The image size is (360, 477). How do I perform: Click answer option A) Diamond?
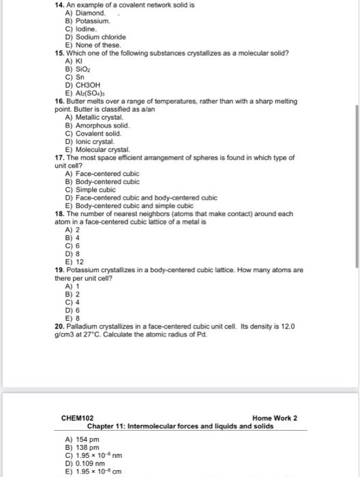85,13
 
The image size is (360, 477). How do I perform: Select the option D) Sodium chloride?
91,37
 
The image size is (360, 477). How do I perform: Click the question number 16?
59,100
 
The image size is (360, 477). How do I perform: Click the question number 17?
59,157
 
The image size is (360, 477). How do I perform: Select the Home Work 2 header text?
274,418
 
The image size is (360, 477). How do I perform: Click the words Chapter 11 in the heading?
108,426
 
